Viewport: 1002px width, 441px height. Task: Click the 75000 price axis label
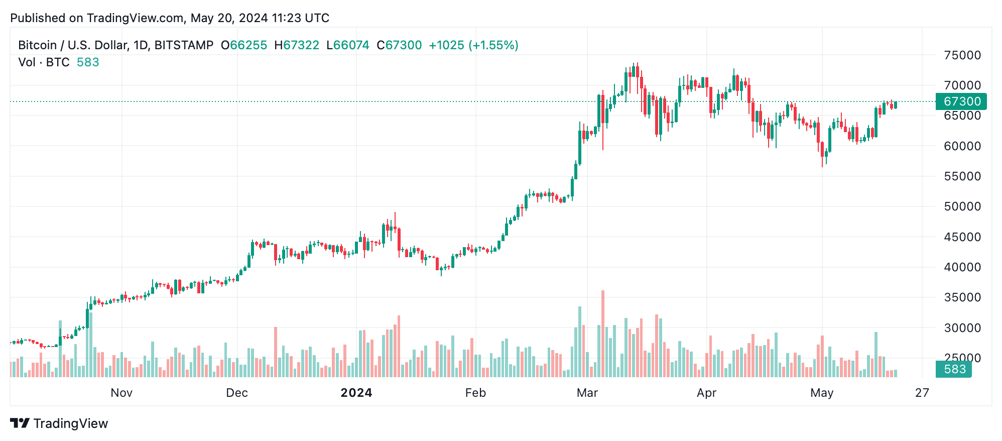[962, 55]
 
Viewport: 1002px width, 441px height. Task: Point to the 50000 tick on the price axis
[962, 206]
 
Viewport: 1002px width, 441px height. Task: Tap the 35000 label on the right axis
[962, 297]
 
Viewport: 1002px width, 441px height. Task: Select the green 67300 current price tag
[961, 101]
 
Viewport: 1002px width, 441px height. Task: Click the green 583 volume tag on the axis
[954, 369]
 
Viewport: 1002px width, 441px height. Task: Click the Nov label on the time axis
[121, 393]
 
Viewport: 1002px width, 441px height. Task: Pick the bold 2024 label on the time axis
[356, 393]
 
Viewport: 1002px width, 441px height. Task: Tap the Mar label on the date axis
[587, 393]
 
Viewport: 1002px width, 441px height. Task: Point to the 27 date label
[922, 393]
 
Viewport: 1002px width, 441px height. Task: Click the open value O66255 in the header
[244, 45]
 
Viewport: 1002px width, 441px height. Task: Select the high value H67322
[297, 45]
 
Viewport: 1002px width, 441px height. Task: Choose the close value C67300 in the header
[399, 45]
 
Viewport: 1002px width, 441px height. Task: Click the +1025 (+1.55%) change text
[473, 45]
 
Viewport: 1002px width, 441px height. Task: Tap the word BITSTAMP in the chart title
[184, 45]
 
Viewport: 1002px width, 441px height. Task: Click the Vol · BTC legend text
[44, 62]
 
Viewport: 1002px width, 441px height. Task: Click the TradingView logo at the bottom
[59, 423]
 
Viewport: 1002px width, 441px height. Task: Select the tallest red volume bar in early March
[602, 334]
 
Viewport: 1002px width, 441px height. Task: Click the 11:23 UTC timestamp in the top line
[300, 18]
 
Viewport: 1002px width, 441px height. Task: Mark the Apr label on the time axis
[706, 393]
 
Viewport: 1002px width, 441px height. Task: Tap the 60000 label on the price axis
[962, 146]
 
